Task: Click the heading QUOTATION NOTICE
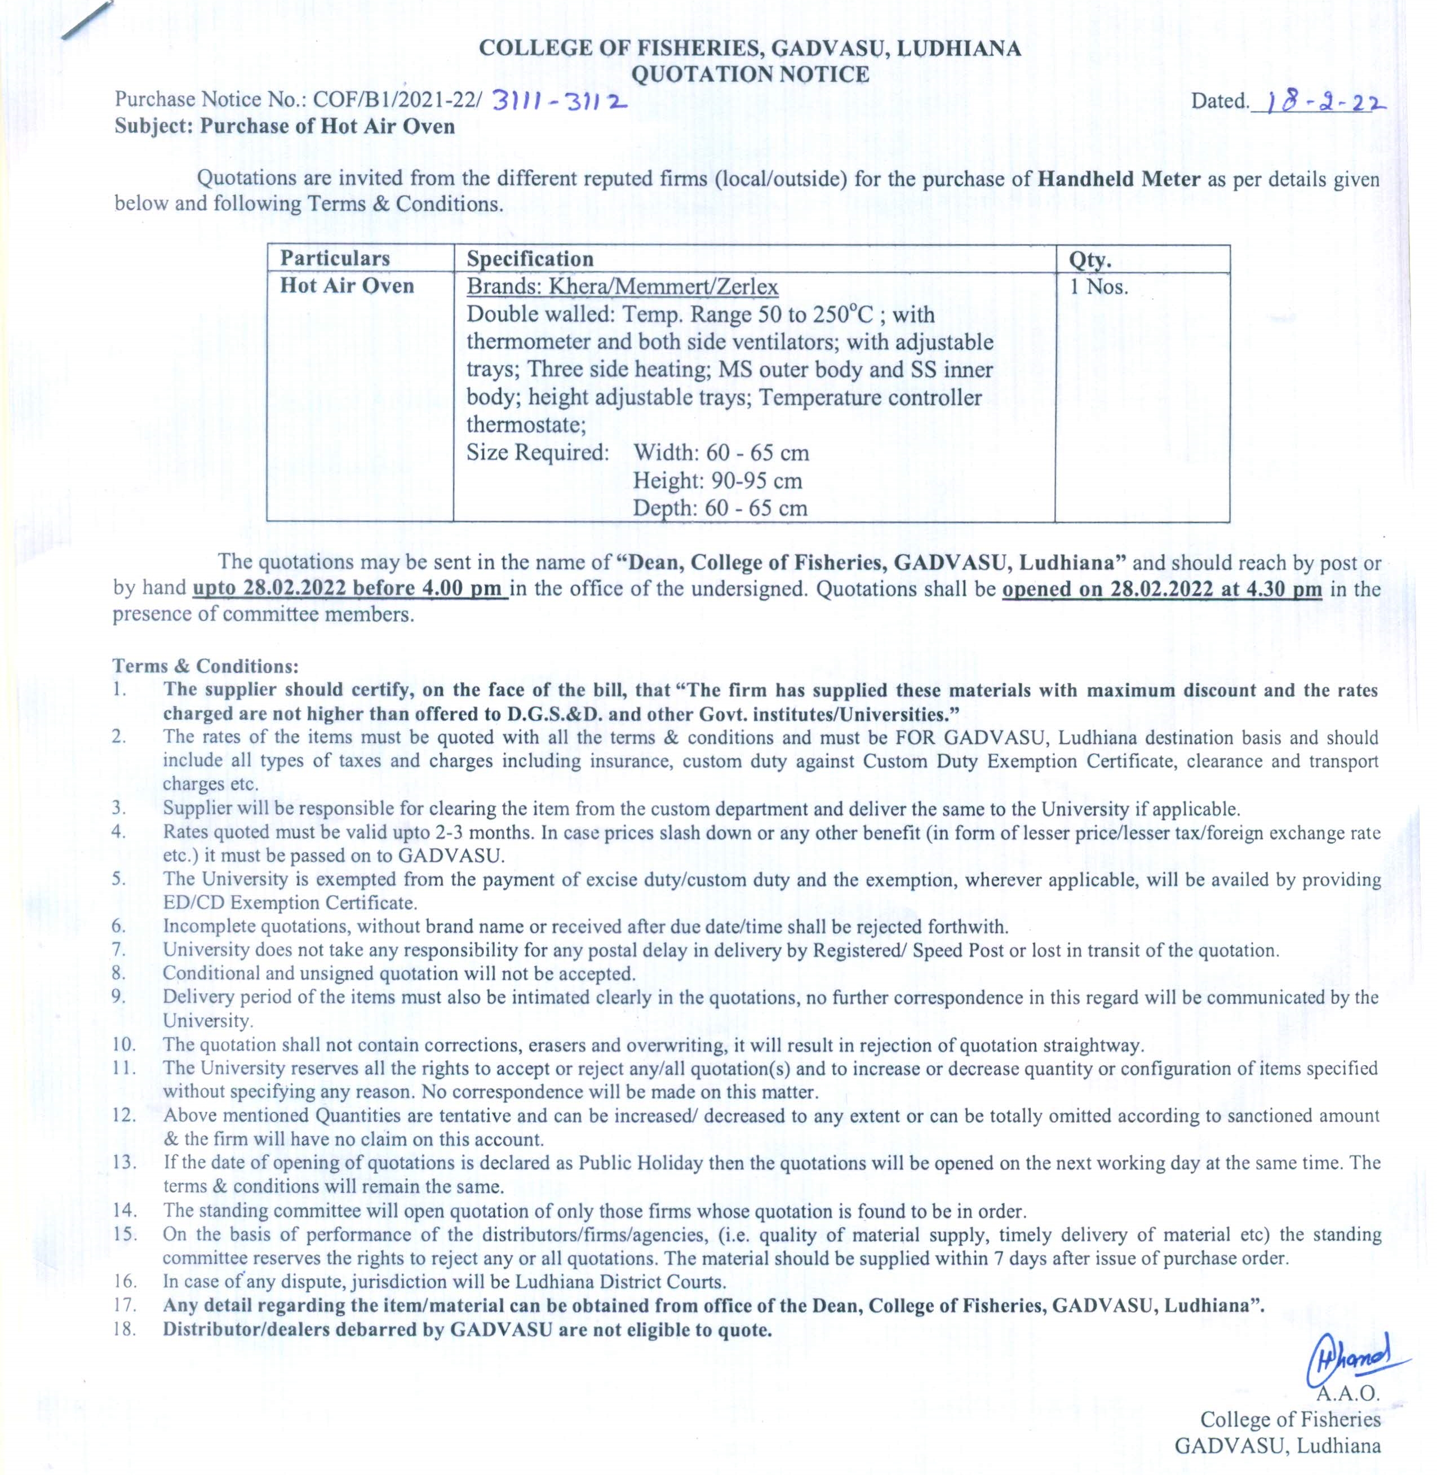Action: pyautogui.click(x=749, y=74)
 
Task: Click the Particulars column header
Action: pyautogui.click(x=335, y=258)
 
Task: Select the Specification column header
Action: pyautogui.click(x=530, y=259)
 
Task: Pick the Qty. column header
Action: pyautogui.click(x=1090, y=260)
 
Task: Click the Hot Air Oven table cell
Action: pyautogui.click(x=347, y=286)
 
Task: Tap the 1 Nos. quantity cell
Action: pyautogui.click(x=1099, y=287)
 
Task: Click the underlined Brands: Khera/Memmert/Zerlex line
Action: pyautogui.click(x=622, y=287)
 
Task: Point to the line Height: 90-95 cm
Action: pyautogui.click(x=717, y=480)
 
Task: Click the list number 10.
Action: pyautogui.click(x=124, y=1046)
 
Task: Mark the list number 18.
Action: pyautogui.click(x=124, y=1330)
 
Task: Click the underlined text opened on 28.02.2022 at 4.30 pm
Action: pyautogui.click(x=1161, y=589)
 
